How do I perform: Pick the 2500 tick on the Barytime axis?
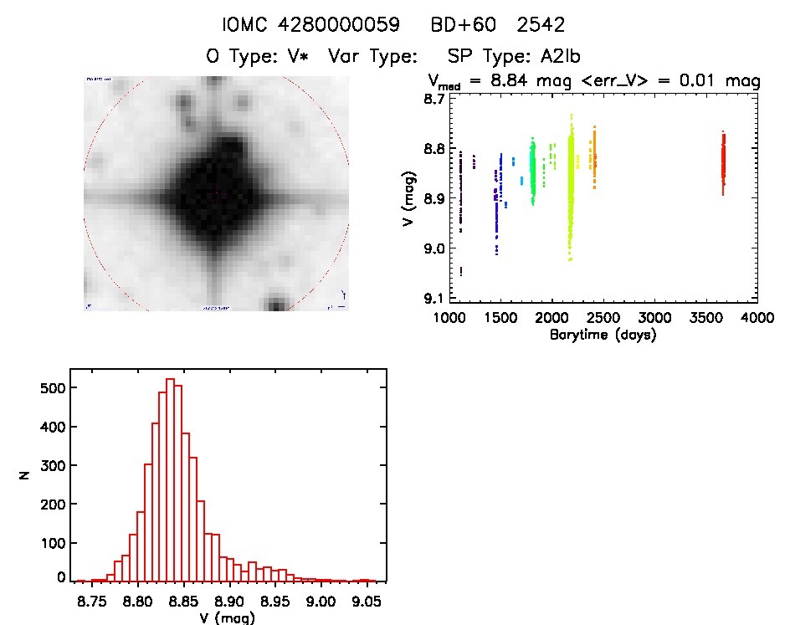click(603, 318)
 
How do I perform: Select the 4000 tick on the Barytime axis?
click(757, 318)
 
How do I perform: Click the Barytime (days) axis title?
click(603, 335)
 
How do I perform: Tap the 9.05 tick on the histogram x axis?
click(365, 602)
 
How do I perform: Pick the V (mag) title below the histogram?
click(228, 618)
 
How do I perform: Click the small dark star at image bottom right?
click(275, 302)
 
